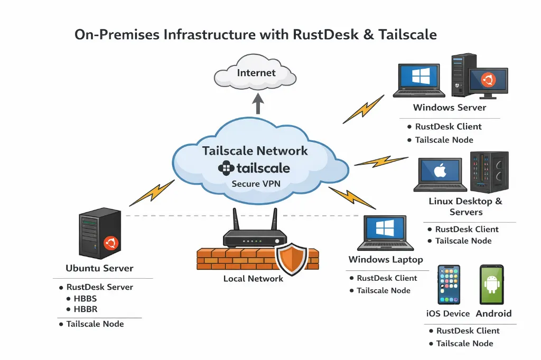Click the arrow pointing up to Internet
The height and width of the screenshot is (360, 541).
click(258, 103)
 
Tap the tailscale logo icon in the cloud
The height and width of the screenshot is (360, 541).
click(226, 168)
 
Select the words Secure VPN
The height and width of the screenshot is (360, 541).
click(257, 184)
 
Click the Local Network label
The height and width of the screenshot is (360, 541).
click(253, 279)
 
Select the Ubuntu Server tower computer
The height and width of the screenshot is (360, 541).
click(99, 235)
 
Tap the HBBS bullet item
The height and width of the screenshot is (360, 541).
click(85, 299)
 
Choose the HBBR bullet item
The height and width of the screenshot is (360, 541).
click(86, 309)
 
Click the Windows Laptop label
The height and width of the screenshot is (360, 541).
click(386, 260)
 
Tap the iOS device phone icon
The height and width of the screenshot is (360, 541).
click(449, 285)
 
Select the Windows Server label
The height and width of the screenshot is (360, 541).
click(449, 108)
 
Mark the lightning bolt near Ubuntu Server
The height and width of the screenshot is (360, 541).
click(152, 193)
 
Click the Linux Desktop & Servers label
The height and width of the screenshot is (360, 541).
click(465, 206)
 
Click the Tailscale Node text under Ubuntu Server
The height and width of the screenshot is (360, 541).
click(95, 324)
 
